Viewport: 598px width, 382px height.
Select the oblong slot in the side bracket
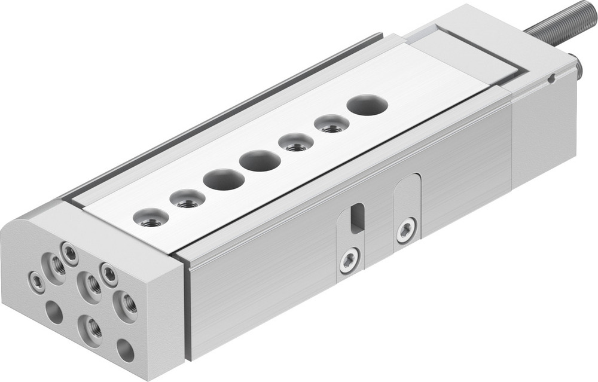356,218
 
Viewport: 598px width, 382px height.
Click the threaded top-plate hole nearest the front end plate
150,218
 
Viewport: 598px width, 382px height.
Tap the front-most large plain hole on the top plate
223,179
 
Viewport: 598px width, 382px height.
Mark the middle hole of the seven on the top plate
260,160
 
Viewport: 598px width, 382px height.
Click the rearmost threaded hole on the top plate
331,124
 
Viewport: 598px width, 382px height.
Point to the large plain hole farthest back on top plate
367,105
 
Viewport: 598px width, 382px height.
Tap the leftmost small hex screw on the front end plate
37,282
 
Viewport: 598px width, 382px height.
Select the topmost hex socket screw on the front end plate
70,254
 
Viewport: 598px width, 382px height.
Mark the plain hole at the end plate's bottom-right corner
126,350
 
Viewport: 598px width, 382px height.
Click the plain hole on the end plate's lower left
54,312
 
